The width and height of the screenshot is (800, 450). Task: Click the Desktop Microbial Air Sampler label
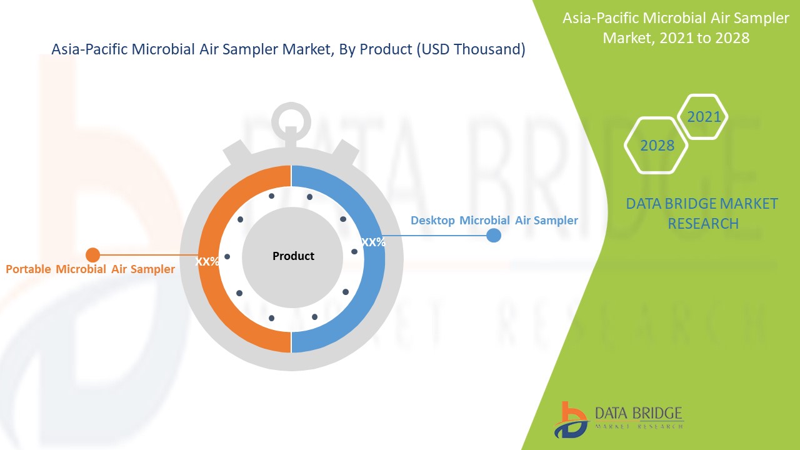pos(494,221)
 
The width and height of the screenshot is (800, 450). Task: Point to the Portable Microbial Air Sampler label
pos(90,269)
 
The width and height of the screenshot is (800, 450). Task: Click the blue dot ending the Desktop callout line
pos(494,236)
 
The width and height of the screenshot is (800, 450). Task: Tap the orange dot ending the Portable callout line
pos(92,255)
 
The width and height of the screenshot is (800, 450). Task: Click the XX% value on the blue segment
pos(373,242)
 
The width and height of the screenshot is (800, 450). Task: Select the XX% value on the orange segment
pos(207,262)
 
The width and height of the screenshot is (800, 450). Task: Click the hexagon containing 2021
pos(703,117)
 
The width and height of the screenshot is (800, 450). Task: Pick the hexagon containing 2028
pos(657,146)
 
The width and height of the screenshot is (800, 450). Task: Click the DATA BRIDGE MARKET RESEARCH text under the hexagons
pos(702,213)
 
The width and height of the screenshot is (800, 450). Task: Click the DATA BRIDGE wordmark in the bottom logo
pos(638,413)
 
